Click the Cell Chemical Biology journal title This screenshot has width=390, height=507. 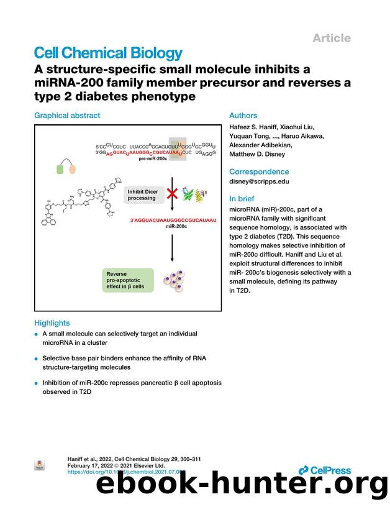point(109,54)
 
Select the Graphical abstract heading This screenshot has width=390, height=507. point(67,116)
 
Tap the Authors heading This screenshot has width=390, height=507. point(243,116)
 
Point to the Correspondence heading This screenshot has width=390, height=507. point(259,171)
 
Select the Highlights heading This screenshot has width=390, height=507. point(52,323)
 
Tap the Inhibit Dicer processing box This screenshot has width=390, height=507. point(143,194)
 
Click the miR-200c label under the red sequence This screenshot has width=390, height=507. point(176,227)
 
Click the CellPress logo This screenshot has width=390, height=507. point(324,471)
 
